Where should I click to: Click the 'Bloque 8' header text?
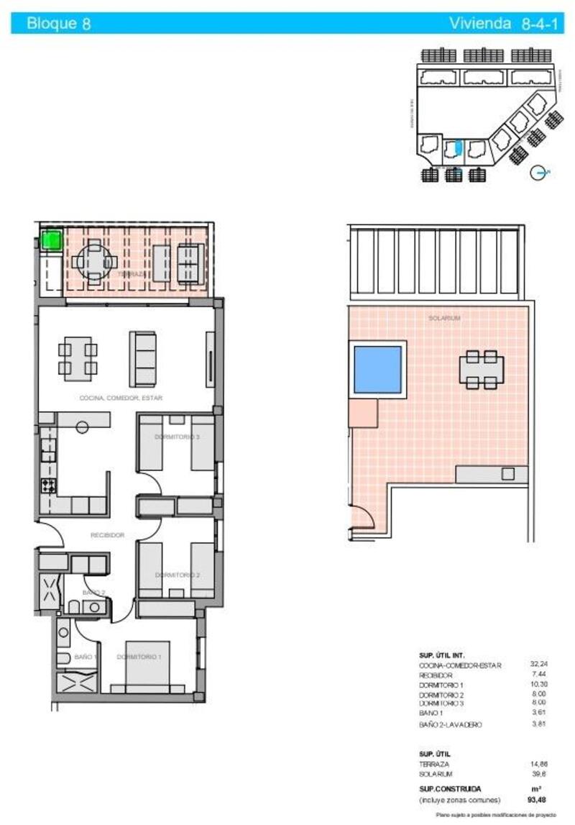tap(58, 23)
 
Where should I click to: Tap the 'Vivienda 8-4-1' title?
tap(505, 23)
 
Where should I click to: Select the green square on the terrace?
tap(51, 240)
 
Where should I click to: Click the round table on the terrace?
tap(94, 263)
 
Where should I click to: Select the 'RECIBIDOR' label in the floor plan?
tap(108, 535)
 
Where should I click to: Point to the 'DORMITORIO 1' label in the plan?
tap(139, 657)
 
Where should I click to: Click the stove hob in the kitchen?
tap(48, 486)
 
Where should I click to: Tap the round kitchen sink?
tap(83, 427)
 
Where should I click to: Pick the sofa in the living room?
tap(143, 358)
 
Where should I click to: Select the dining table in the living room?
tap(78, 358)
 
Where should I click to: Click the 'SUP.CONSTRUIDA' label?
tap(450, 788)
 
